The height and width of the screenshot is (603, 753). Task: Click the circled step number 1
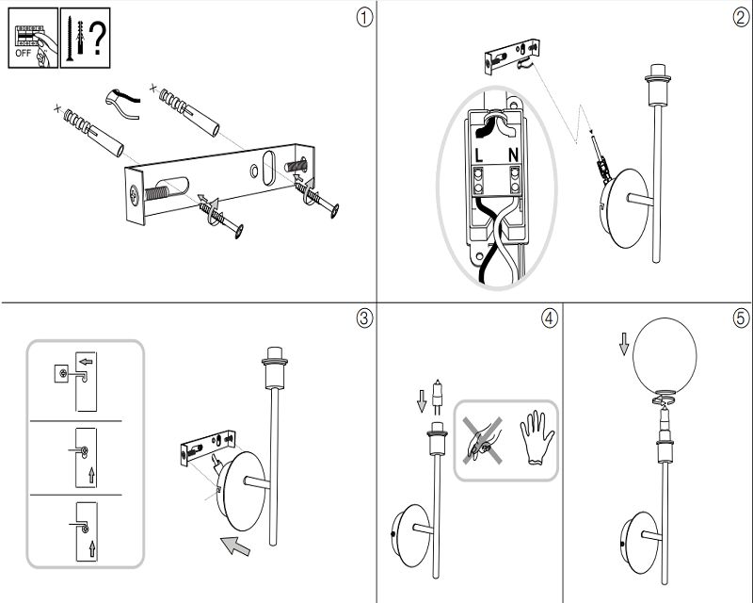[x=364, y=18]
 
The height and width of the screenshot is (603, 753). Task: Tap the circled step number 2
[x=742, y=18]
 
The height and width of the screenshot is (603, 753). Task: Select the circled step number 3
[x=364, y=318]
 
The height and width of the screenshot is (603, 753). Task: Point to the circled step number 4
[x=550, y=318]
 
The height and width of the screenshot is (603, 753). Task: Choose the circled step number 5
[x=742, y=318]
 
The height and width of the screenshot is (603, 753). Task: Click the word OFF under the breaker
[x=23, y=54]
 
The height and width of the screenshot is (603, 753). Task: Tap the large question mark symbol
[x=98, y=39]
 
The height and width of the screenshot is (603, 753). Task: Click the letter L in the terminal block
[x=479, y=155]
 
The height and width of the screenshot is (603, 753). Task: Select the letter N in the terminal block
[x=513, y=155]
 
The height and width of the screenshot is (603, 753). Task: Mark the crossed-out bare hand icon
[x=483, y=440]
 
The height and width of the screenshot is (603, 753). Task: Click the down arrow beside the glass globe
[x=624, y=344]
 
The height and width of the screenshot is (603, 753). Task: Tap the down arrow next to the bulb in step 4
[x=422, y=401]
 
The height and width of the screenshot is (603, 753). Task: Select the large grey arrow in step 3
[x=235, y=545]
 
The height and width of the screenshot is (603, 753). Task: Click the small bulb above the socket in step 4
[x=437, y=397]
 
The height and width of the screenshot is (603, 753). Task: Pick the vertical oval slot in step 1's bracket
[x=269, y=168]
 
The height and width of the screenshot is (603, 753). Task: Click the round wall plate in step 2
[x=625, y=208]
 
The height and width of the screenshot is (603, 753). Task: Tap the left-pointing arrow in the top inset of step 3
[x=86, y=362]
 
